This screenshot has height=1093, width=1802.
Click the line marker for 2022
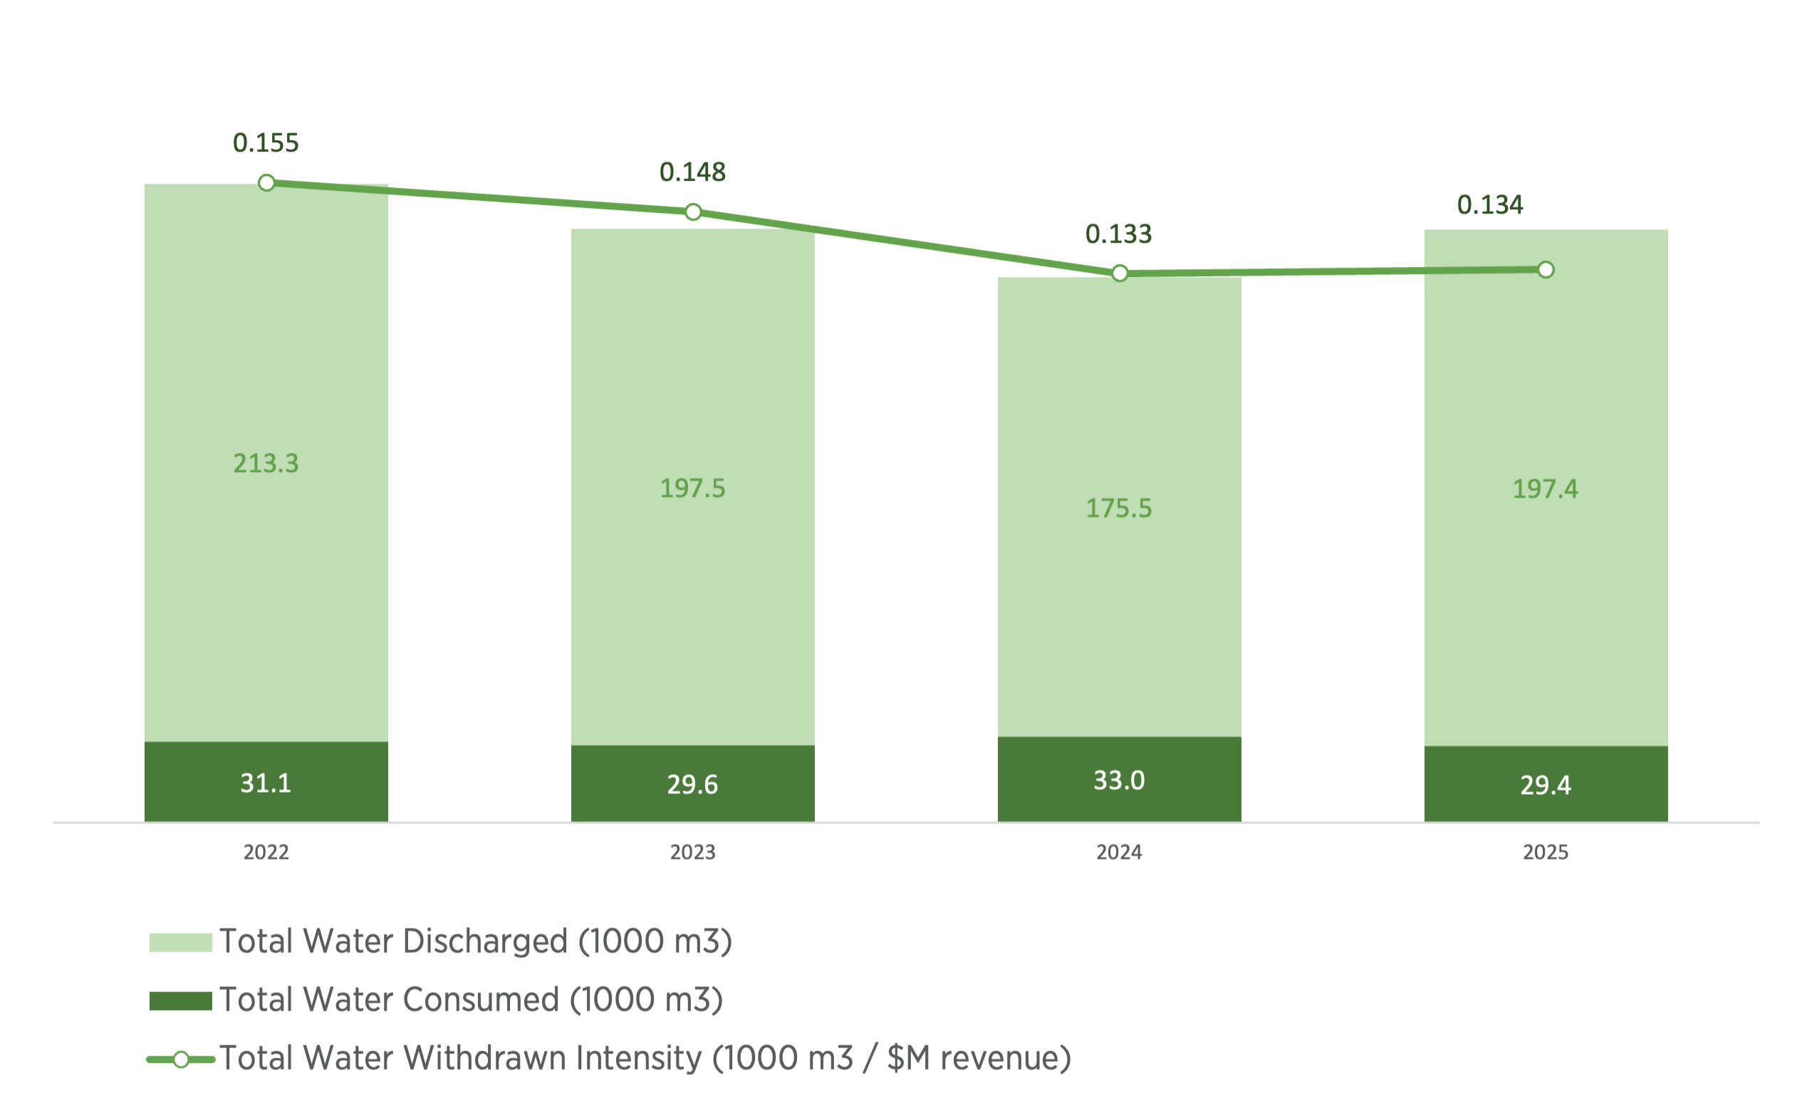[267, 182]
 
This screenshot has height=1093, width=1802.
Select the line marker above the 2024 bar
[1120, 273]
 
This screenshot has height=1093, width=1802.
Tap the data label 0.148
[692, 172]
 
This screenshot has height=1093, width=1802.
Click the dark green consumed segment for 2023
[692, 783]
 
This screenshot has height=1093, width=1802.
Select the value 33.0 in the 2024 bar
[1119, 780]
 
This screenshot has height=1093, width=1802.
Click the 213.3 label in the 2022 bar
[266, 464]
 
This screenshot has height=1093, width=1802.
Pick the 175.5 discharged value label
[1119, 508]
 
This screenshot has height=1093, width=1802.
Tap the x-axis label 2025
[1546, 852]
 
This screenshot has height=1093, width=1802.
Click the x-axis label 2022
[266, 852]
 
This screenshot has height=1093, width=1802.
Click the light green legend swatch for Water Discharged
[180, 942]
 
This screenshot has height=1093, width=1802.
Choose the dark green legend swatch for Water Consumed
[180, 1001]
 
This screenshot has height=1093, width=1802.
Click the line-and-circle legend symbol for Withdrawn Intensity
[181, 1060]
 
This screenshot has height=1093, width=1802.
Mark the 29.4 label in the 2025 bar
[1546, 785]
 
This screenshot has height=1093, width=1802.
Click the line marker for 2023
[693, 212]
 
